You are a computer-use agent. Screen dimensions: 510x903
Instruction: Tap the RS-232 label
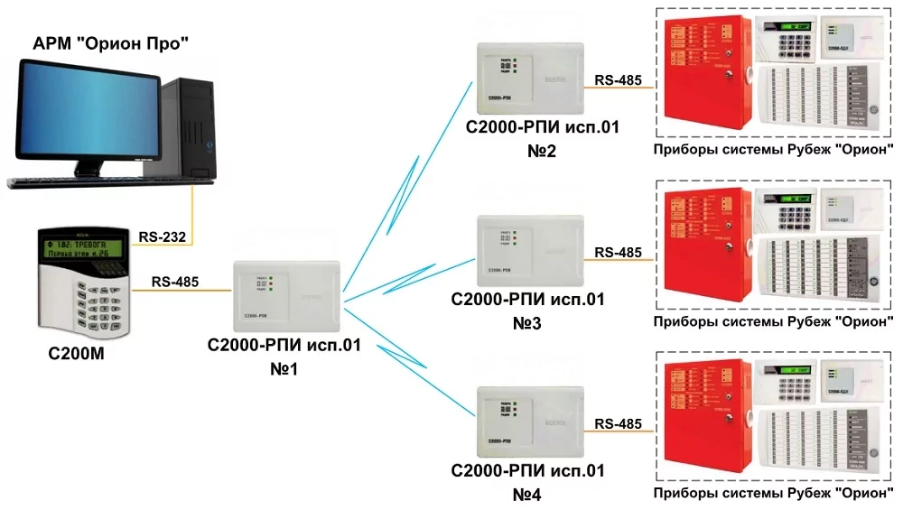(x=163, y=237)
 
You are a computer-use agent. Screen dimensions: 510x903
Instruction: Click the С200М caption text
(x=77, y=353)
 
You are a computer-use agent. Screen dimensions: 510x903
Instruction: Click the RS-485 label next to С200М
(x=175, y=282)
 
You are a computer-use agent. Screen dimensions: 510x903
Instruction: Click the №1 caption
(x=284, y=367)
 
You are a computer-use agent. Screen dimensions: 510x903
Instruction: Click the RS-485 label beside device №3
(x=619, y=252)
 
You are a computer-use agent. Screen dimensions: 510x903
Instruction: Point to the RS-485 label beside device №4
(x=619, y=423)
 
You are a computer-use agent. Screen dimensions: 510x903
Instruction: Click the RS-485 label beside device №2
(x=619, y=79)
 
